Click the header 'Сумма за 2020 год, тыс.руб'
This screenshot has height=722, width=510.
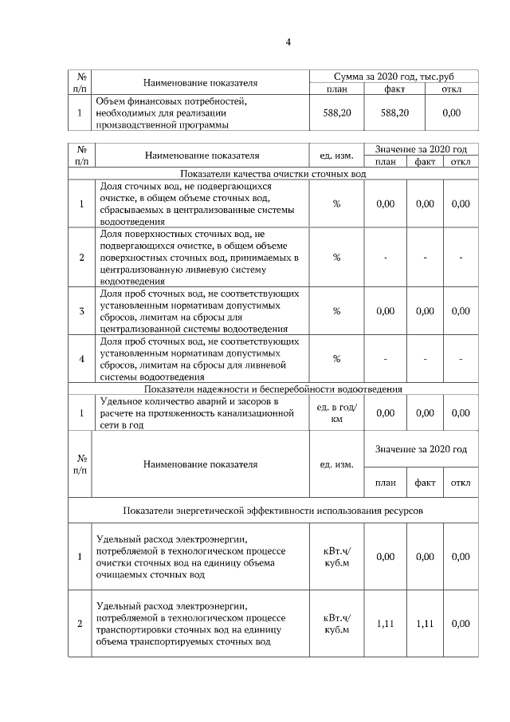[394, 76]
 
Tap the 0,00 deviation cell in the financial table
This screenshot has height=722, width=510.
[451, 113]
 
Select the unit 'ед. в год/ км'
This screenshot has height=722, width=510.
[336, 413]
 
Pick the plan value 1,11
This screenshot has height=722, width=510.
[385, 624]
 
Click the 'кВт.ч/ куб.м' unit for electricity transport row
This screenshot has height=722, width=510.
[336, 624]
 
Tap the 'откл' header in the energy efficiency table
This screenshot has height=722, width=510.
[461, 483]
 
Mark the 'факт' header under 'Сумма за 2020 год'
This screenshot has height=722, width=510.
[394, 89]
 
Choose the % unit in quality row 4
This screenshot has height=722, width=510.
[336, 358]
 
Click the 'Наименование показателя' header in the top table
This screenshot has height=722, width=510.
[200, 82]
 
